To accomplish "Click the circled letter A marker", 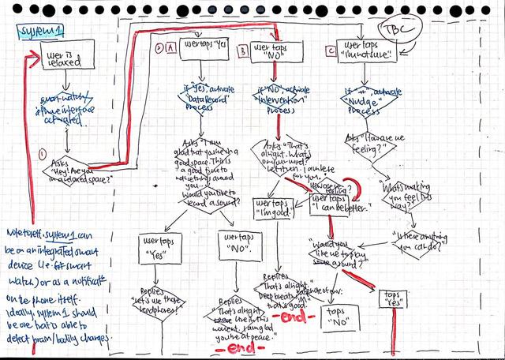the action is pyautogui.click(x=170, y=47).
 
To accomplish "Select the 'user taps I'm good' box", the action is pyautogui.click(x=270, y=207).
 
